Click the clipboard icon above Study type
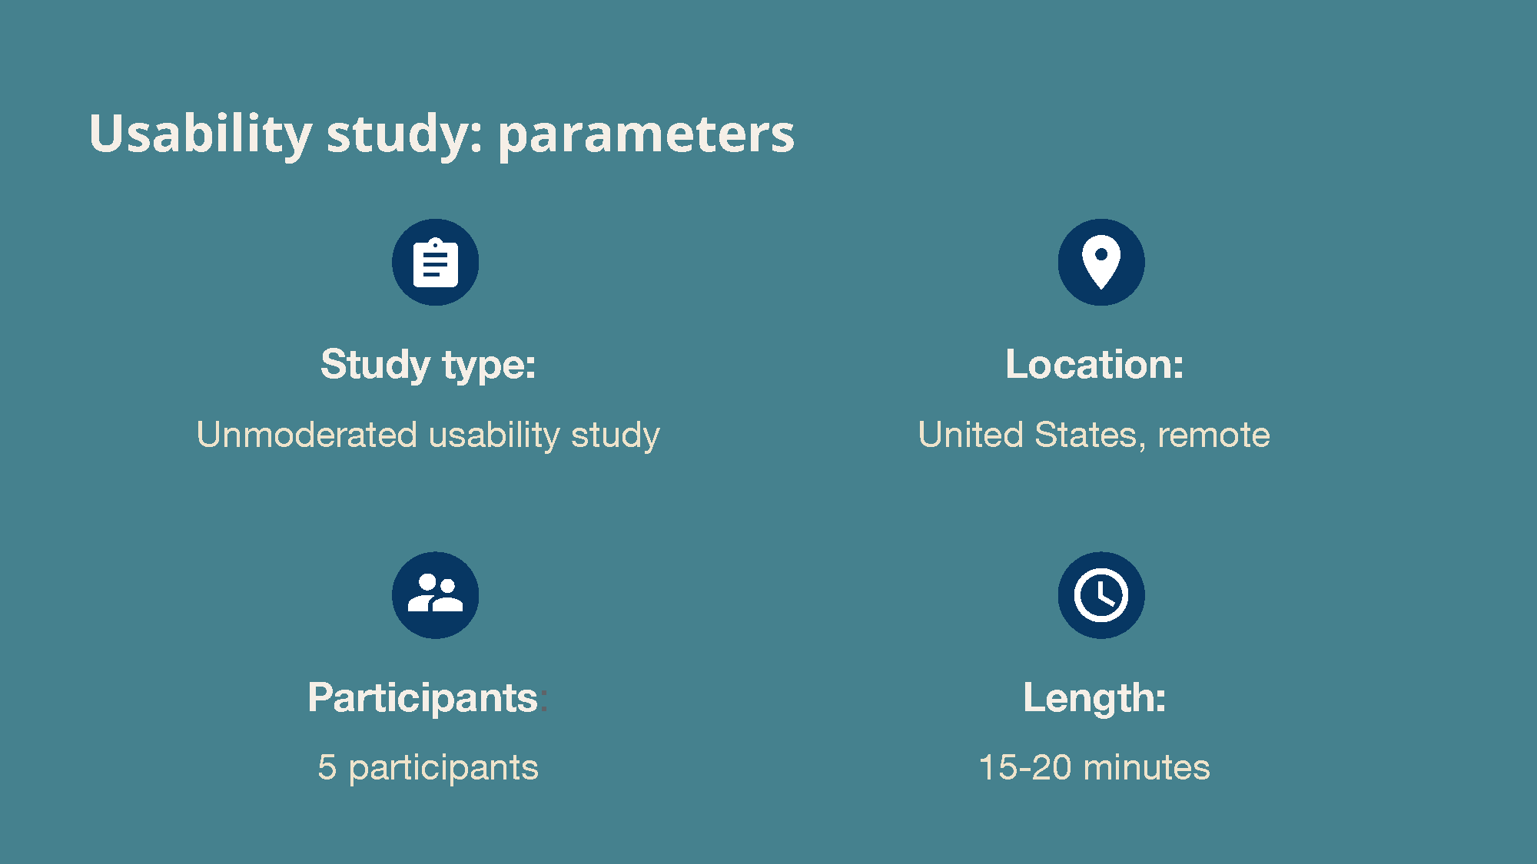435,262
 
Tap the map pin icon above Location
1101,262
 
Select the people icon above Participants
435,595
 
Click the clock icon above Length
1101,595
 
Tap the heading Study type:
428,365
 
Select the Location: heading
1094,364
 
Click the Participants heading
423,698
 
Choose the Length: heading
1094,698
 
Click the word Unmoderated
307,435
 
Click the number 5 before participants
327,768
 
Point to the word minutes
1147,768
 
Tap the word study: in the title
405,135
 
